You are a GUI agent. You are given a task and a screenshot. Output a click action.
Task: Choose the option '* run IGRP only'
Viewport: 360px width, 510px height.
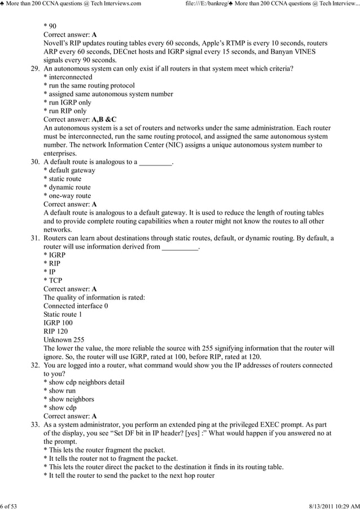click(x=67, y=103)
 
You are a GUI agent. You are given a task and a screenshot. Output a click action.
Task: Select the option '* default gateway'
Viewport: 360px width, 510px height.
click(x=69, y=171)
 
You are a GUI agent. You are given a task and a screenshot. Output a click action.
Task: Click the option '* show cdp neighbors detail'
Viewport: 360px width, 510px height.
click(x=84, y=382)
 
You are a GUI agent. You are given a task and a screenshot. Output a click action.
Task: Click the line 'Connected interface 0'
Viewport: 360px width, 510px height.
click(x=76, y=306)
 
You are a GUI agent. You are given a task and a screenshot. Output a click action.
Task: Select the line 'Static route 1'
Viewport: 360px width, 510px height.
click(x=63, y=315)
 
